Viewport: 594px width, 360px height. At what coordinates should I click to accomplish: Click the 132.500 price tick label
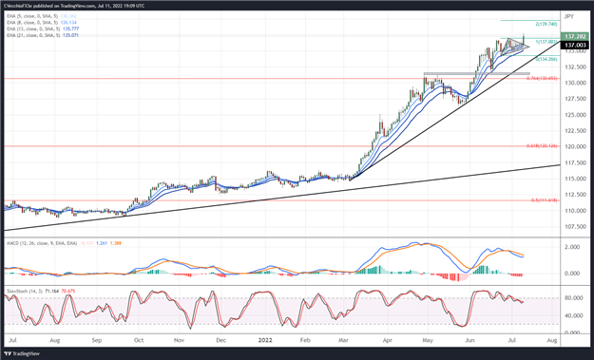573,66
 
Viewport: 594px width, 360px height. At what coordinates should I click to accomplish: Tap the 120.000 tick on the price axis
573,146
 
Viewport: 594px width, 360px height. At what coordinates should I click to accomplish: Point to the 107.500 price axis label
573,226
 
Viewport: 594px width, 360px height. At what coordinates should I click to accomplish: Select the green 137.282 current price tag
573,36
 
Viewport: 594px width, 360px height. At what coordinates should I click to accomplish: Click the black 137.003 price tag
573,45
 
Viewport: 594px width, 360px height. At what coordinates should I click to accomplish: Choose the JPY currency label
569,16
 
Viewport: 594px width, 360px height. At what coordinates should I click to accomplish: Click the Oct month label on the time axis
139,339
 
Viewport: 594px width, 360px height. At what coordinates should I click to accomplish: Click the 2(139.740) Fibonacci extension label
545,24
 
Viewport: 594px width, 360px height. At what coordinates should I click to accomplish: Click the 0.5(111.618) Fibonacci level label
543,200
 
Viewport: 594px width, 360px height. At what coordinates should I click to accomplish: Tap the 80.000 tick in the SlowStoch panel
572,298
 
